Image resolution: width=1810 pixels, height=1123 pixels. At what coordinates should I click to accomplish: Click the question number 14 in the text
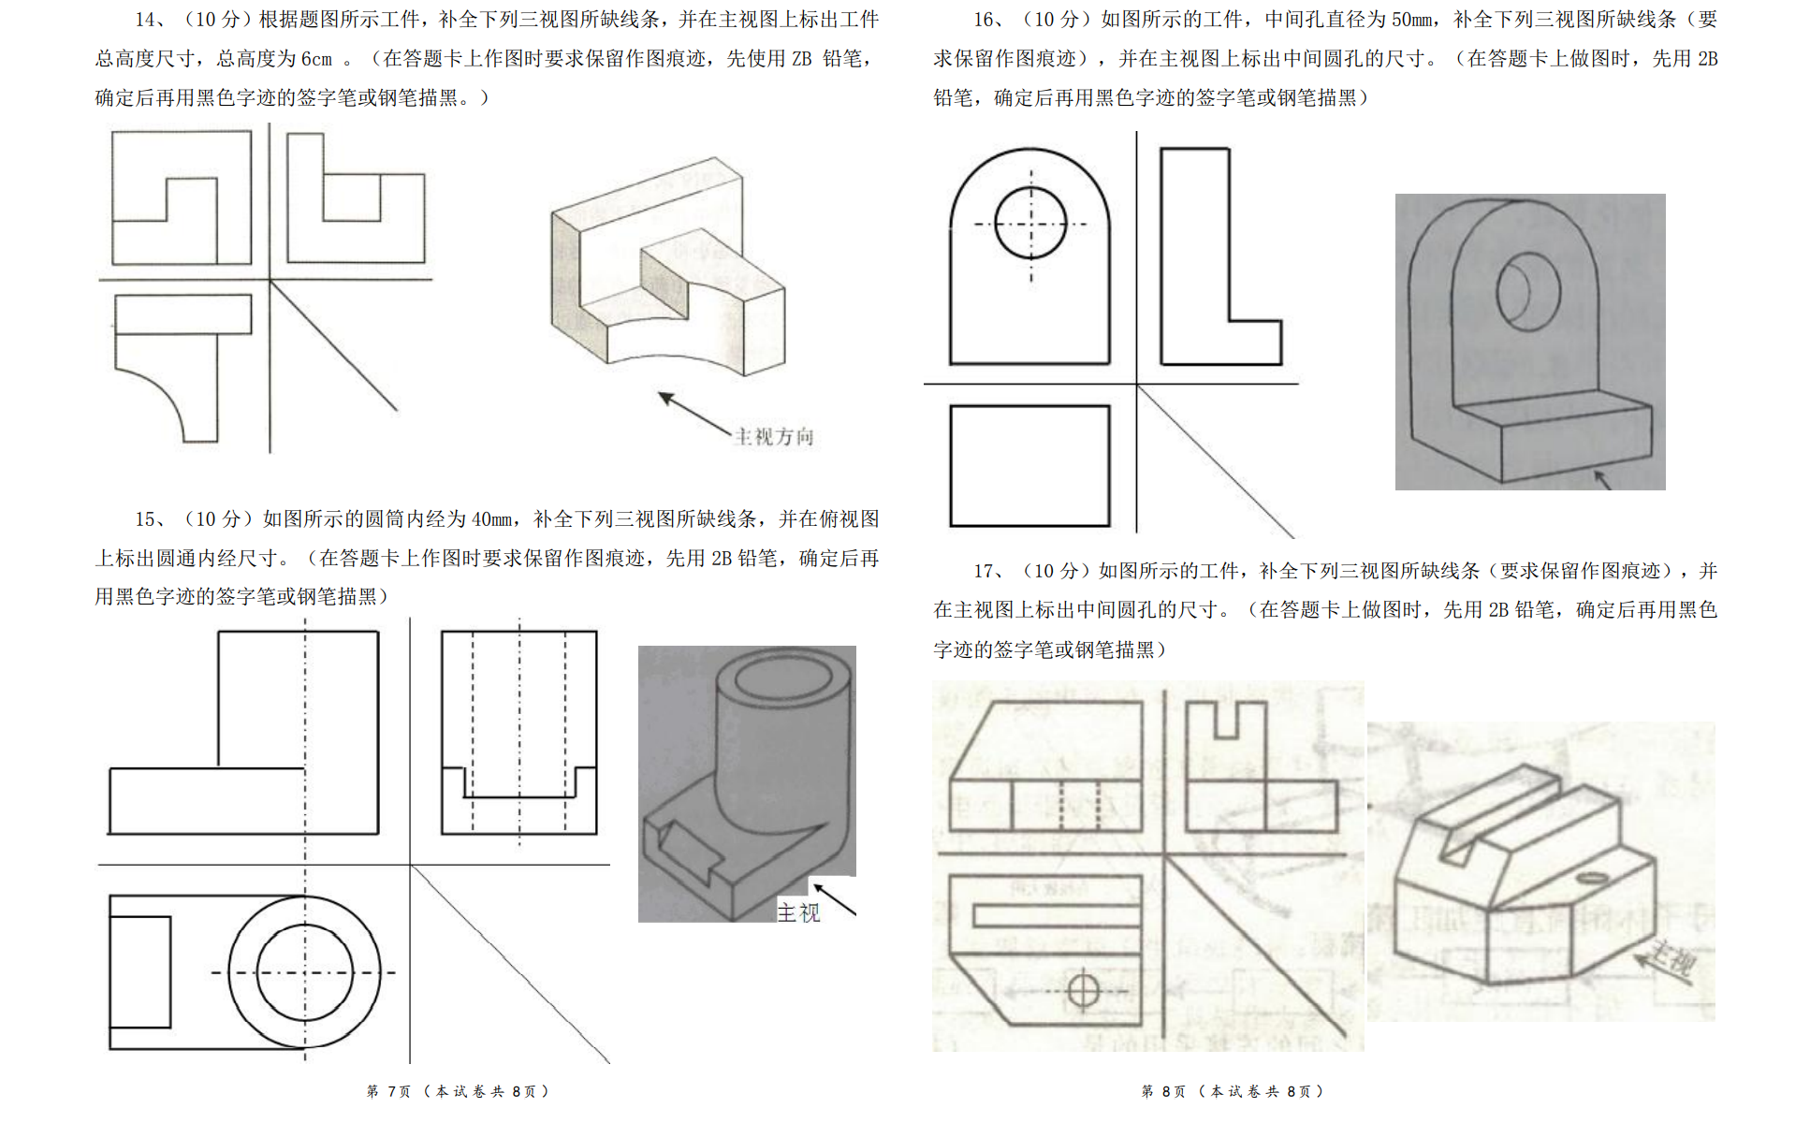coord(146,20)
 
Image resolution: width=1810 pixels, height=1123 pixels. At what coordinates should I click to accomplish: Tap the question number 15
coord(148,519)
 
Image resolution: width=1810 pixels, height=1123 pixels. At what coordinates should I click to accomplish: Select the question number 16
coord(985,20)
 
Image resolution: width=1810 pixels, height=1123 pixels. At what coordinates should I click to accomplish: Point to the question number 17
coord(985,571)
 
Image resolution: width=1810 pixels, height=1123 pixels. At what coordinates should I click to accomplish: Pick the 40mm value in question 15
coord(491,519)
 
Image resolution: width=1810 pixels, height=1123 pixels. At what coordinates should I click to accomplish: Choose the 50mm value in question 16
coord(1412,20)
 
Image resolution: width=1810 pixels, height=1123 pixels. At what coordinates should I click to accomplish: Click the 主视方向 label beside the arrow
coord(774,437)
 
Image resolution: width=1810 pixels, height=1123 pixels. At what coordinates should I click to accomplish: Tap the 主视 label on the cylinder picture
coord(798,912)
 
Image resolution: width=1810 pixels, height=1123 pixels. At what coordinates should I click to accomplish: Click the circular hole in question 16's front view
coord(1030,224)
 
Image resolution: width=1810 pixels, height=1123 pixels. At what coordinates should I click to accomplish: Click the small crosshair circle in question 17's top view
coord(1083,989)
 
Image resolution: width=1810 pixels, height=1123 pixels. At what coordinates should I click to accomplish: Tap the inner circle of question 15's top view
coord(305,972)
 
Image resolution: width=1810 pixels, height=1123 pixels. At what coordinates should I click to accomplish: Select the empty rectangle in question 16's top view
coord(1029,465)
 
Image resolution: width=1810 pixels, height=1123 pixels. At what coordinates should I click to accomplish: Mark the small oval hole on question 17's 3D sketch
coord(1590,879)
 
